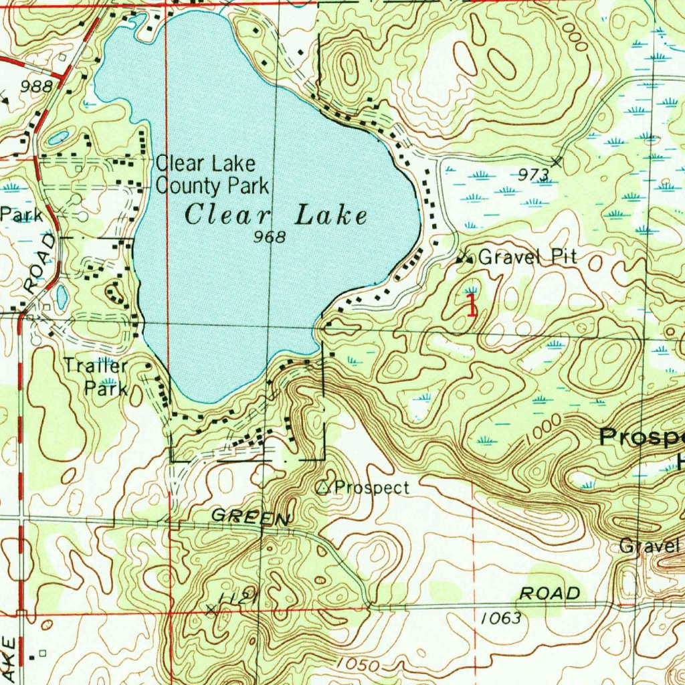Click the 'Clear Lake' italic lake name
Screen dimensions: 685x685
(276, 216)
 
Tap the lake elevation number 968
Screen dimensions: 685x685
(271, 237)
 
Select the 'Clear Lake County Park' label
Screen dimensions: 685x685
(212, 174)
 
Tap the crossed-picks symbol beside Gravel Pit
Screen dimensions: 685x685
(464, 257)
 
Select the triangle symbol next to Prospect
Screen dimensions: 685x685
(324, 488)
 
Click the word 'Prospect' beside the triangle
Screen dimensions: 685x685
(371, 488)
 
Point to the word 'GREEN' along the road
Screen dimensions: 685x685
(251, 517)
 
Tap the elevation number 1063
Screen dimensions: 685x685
(500, 619)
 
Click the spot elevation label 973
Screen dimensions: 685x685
(534, 175)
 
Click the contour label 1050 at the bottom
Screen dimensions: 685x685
(358, 665)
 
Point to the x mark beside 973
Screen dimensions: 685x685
(557, 161)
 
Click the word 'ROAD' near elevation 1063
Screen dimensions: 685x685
(550, 593)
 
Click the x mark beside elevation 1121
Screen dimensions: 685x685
(212, 609)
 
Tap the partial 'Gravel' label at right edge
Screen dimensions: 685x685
(649, 545)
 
